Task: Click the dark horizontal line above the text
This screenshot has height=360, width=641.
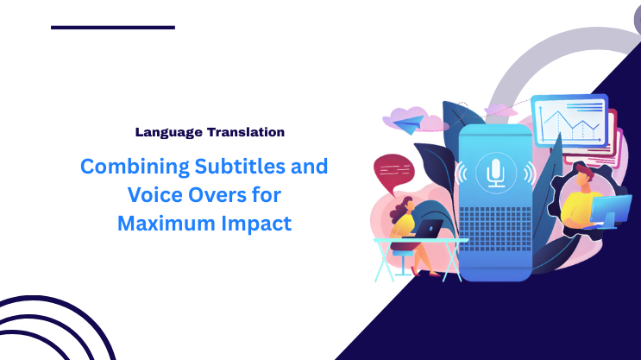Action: click(112, 28)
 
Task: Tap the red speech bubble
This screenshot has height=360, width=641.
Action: click(393, 170)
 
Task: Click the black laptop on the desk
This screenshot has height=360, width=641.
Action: click(430, 229)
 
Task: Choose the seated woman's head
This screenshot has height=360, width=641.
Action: click(402, 207)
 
